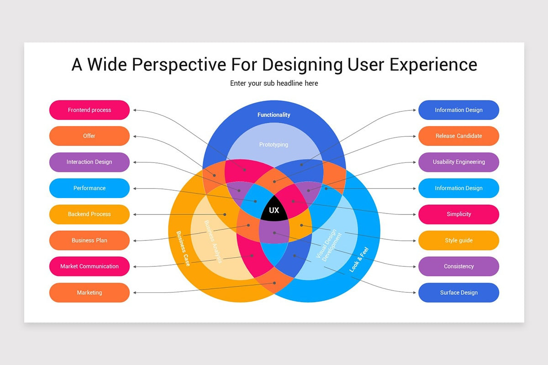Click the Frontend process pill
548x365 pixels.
click(90, 110)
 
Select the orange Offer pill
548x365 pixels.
click(90, 136)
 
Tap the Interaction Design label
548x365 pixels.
click(90, 162)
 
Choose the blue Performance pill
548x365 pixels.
click(90, 188)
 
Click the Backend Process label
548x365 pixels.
click(90, 214)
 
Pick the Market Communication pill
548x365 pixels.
click(90, 266)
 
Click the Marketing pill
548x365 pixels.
click(90, 292)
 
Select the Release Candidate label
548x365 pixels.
click(458, 136)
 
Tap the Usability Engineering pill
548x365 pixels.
click(458, 162)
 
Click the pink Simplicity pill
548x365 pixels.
click(458, 214)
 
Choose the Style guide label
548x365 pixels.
click(458, 240)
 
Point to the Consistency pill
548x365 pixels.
click(458, 266)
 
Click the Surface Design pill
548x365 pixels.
click(458, 292)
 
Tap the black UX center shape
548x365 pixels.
click(274, 210)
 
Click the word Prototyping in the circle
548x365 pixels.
click(274, 145)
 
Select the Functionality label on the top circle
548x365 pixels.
click(274, 115)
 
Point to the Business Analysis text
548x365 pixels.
click(213, 242)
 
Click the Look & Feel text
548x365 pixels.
click(359, 260)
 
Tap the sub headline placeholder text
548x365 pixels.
click(274, 83)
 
